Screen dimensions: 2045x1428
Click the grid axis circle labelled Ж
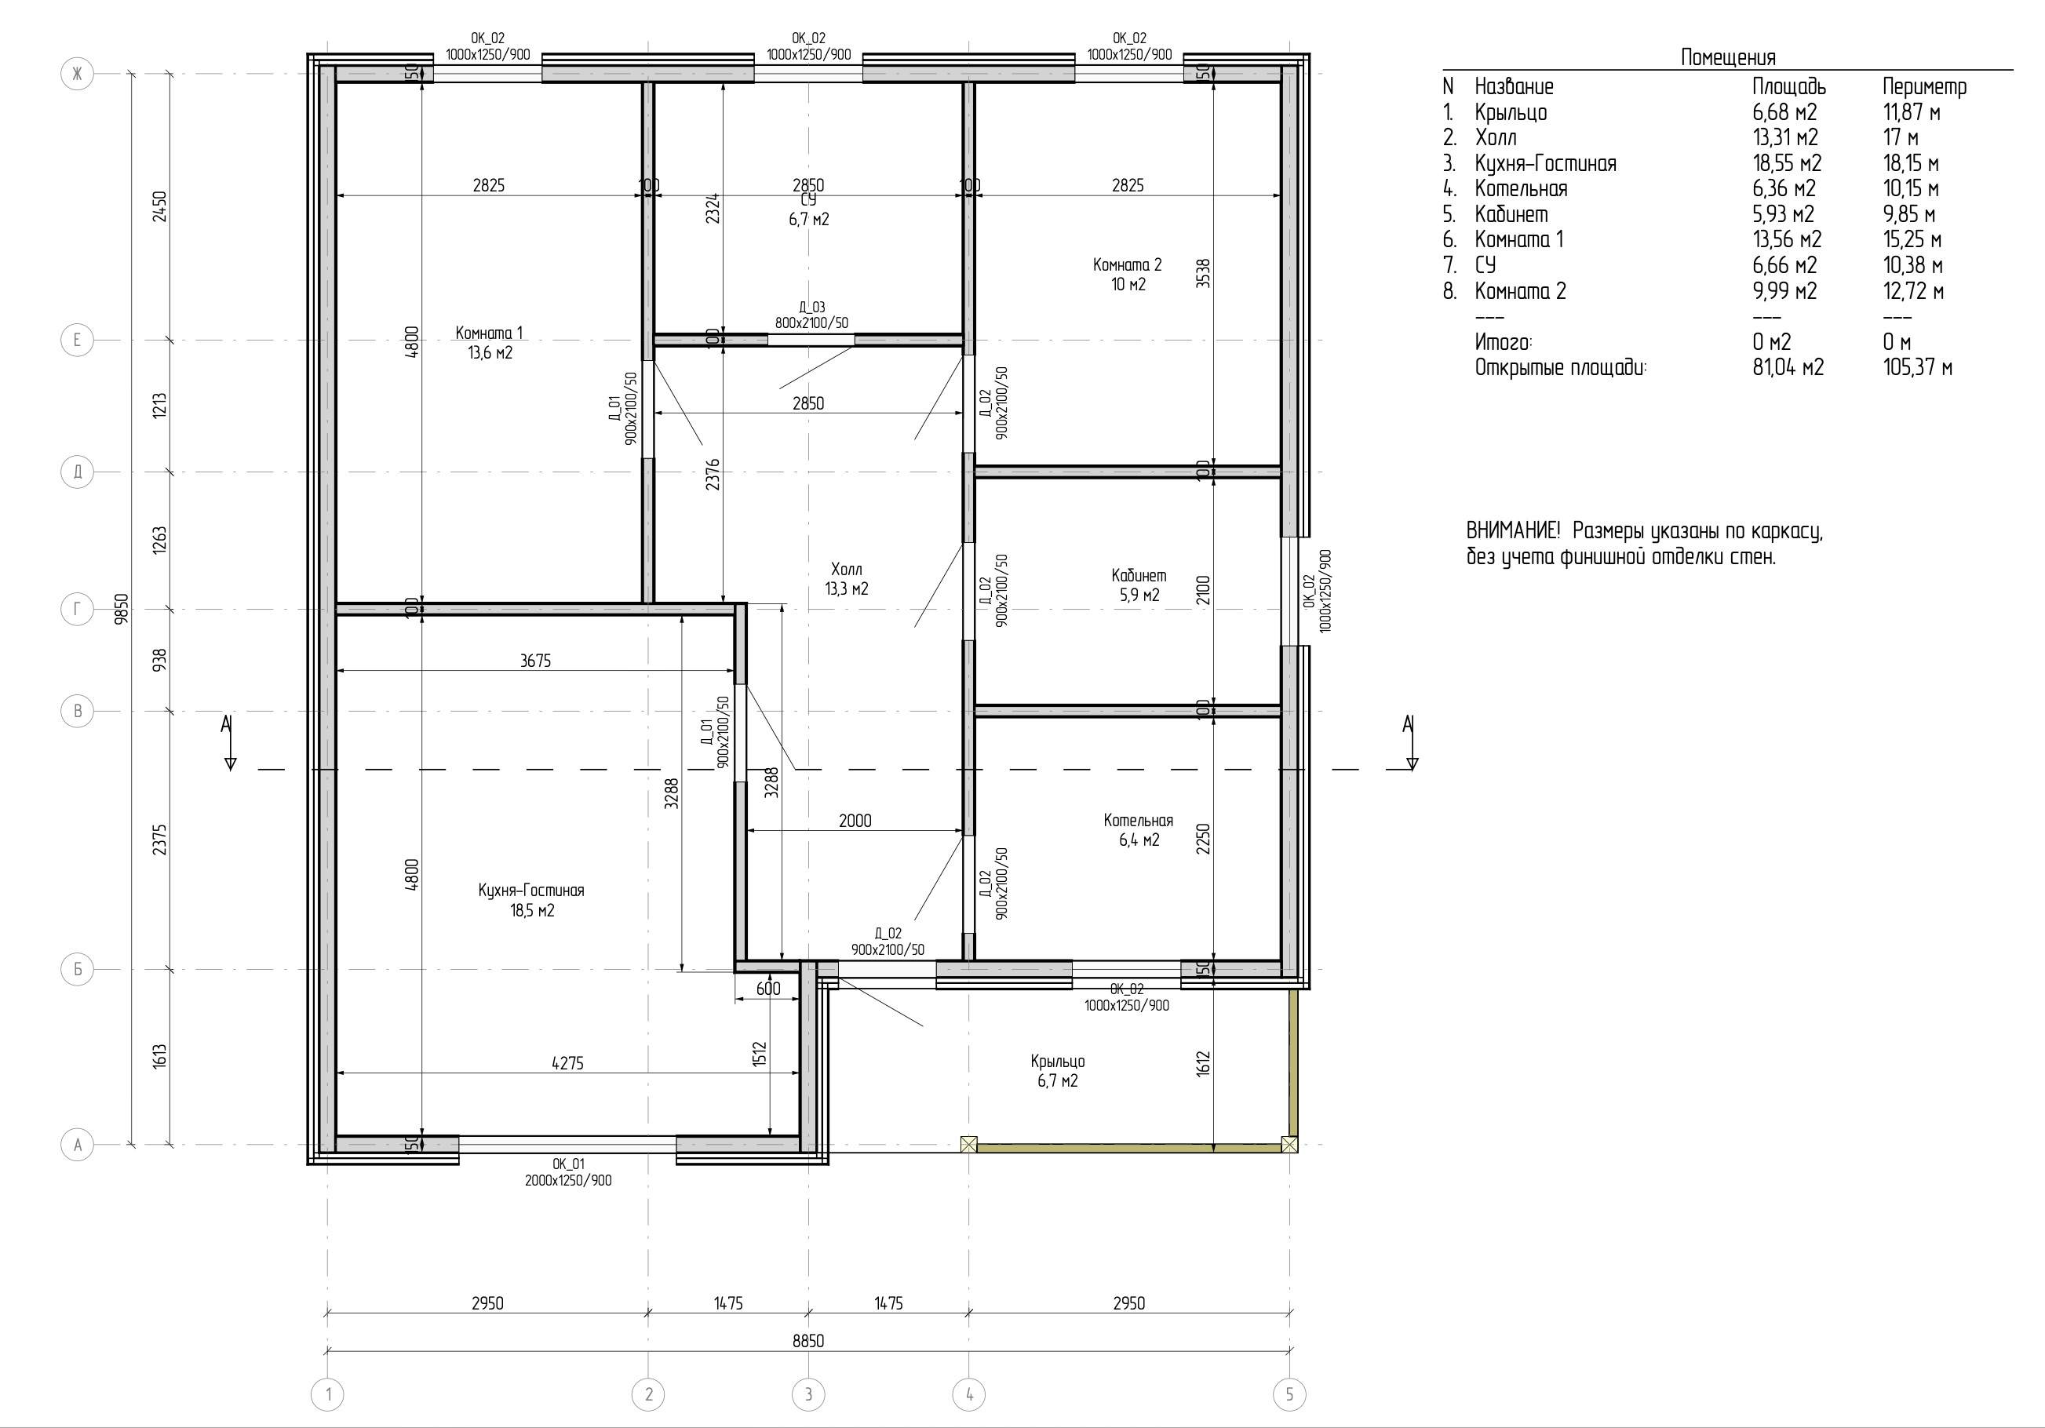point(78,73)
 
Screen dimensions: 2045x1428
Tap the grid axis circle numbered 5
point(1289,1394)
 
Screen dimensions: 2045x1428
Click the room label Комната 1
point(489,333)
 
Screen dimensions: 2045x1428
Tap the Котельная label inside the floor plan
point(1139,821)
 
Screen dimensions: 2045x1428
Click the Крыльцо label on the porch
point(1057,1061)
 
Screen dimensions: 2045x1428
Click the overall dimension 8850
point(807,1341)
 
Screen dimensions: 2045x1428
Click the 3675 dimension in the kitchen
point(535,661)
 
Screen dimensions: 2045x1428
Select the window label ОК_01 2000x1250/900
point(568,1172)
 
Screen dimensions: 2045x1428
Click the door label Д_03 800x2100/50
point(811,315)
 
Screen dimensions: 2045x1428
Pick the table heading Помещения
point(1728,57)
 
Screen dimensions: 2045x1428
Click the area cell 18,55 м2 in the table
point(1787,163)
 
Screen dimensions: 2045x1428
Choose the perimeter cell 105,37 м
point(1918,367)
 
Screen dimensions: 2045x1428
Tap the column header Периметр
point(1924,86)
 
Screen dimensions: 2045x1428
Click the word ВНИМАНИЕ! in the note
point(1513,531)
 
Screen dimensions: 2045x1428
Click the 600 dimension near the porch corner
point(767,989)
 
